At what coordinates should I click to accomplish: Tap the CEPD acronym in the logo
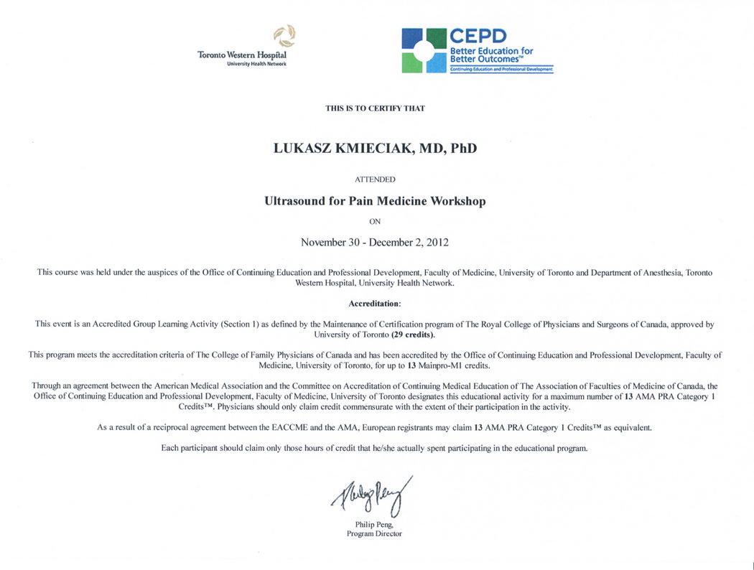pyautogui.click(x=478, y=37)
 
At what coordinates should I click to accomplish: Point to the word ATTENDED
pyautogui.click(x=375, y=179)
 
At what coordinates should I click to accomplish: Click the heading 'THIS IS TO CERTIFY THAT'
pyautogui.click(x=375, y=108)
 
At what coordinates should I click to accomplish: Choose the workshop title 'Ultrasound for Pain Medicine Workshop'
pyautogui.click(x=375, y=202)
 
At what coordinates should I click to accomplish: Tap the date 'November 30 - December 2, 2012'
pyautogui.click(x=375, y=242)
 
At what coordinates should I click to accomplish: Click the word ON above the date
pyautogui.click(x=375, y=222)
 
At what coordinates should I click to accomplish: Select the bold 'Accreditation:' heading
pyautogui.click(x=375, y=304)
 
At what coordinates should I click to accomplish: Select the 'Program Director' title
pyautogui.click(x=374, y=534)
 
